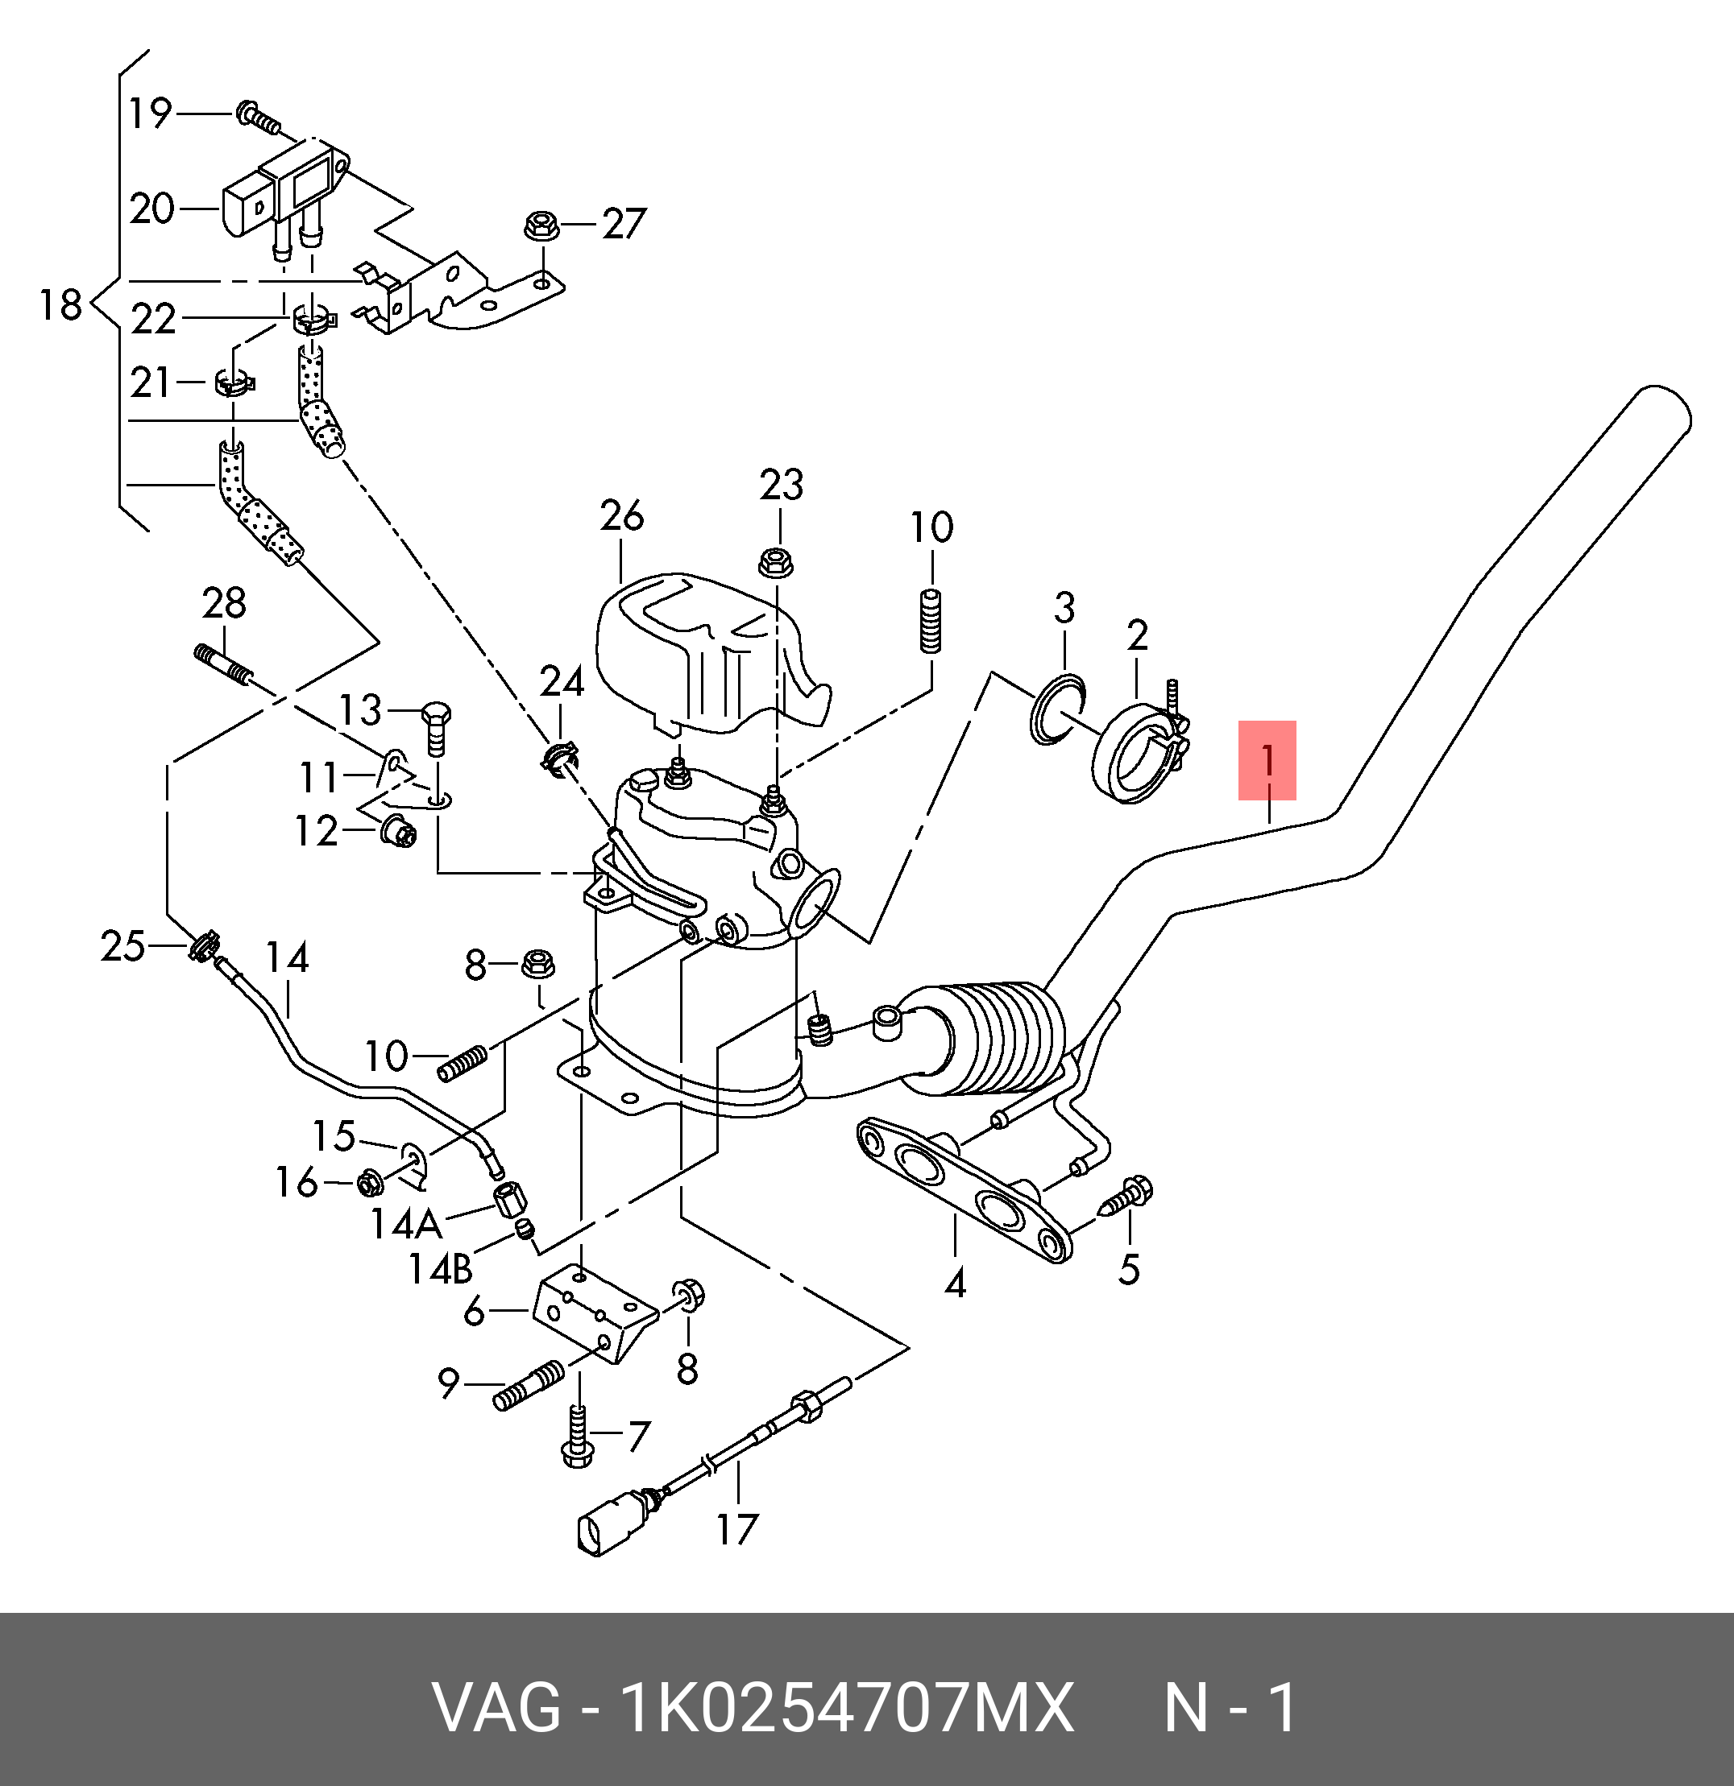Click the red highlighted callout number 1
[1267, 761]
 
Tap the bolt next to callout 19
[257, 117]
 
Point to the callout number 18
[61, 304]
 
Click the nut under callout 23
[776, 561]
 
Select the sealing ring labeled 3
[1056, 708]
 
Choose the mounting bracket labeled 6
[592, 1317]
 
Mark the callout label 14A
[405, 1224]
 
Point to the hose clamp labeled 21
[234, 382]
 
